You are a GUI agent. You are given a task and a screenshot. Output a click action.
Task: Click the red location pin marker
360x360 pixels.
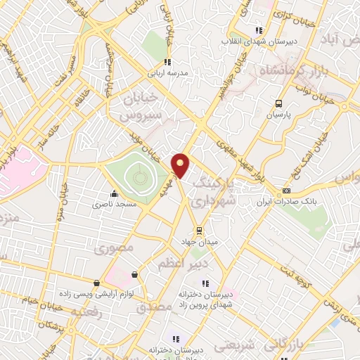pos(181,165)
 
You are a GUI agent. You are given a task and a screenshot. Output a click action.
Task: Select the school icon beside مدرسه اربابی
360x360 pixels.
pos(167,62)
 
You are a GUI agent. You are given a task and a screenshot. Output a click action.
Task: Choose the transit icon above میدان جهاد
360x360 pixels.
pos(200,230)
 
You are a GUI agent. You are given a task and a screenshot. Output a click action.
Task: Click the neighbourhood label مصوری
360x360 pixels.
pos(112,247)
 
